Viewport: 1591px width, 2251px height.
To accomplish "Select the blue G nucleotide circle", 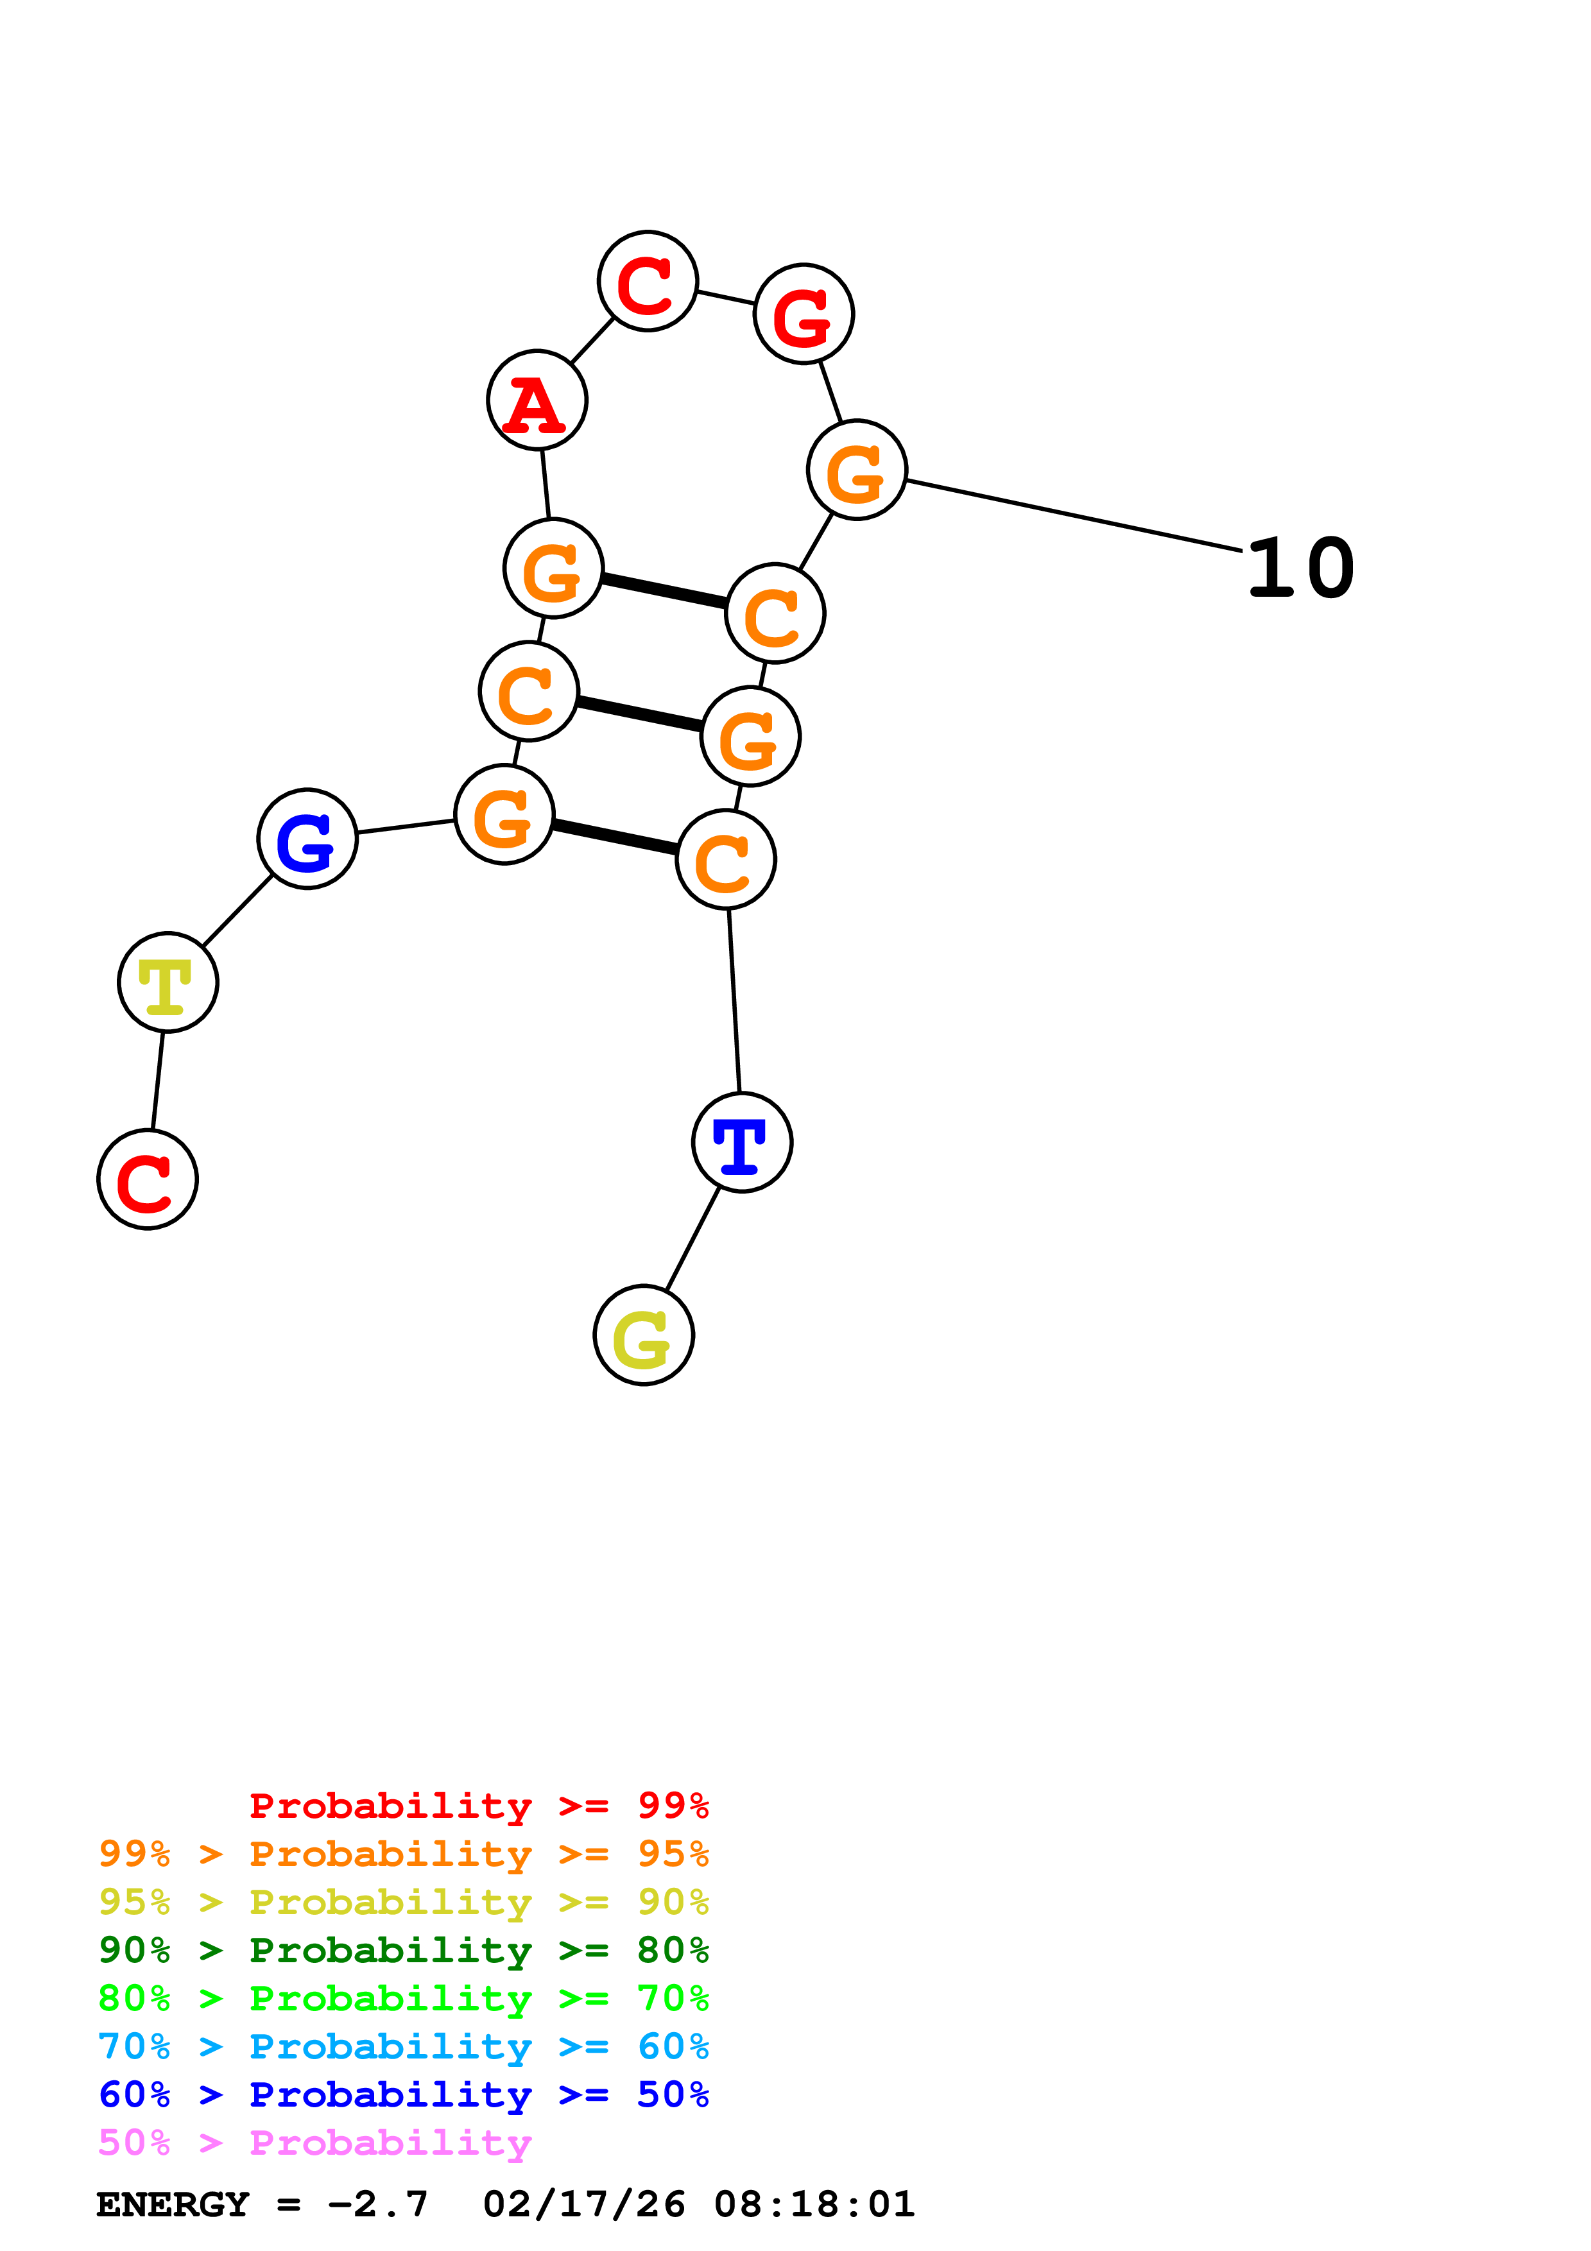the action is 308,839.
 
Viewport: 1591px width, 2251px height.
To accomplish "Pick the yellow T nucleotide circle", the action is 168,982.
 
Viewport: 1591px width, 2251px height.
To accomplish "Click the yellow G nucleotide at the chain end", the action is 644,1335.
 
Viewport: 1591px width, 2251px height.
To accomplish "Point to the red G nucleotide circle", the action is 804,314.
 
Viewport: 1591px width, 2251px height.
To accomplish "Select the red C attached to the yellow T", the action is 147,1179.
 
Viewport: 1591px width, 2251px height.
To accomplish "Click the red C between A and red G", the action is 648,281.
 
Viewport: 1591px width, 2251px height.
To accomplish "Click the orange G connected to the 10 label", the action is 857,470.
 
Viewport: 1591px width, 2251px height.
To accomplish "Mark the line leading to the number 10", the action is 1074,515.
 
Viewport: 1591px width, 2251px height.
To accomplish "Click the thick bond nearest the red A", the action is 665,591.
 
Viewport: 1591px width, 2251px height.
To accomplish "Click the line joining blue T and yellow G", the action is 693,1239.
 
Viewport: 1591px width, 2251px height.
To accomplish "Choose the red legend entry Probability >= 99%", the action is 478,1806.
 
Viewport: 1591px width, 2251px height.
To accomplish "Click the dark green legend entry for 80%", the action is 404,1950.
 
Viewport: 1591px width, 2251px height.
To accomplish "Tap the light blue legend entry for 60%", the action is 404,2046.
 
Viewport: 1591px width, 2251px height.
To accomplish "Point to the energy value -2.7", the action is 379,2204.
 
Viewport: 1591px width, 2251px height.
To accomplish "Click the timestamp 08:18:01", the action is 814,2204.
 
